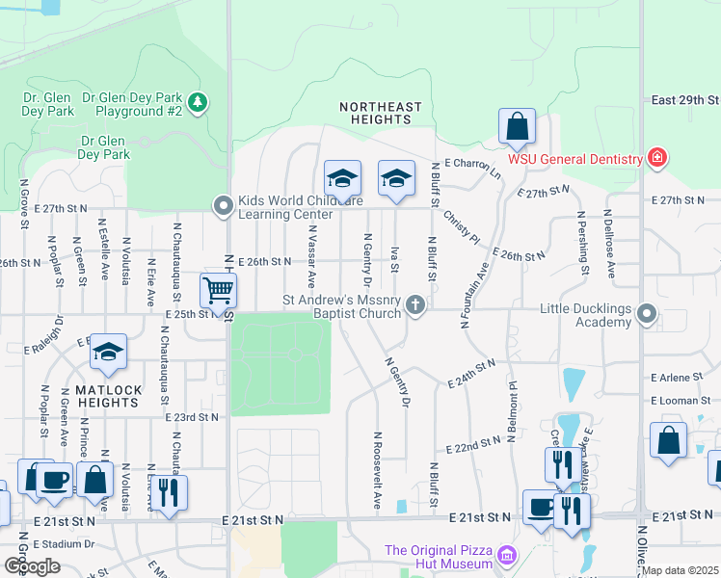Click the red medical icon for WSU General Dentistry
[657, 158]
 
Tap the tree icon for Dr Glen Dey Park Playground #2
[198, 101]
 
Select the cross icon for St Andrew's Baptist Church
[415, 306]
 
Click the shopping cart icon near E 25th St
[219, 290]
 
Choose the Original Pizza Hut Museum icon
[507, 557]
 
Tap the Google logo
[31, 565]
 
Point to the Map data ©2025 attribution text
[681, 570]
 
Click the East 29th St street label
[684, 100]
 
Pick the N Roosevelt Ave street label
[377, 471]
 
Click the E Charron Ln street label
[467, 169]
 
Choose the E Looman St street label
[683, 400]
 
